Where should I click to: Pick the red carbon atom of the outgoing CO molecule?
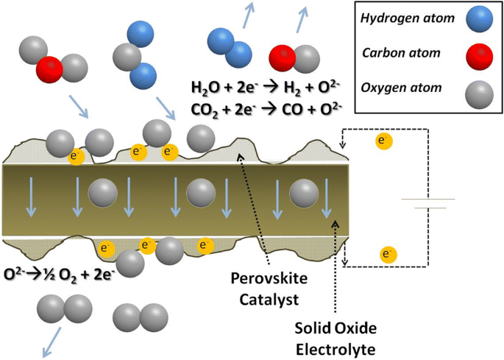click(x=283, y=57)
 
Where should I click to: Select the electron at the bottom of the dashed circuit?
click(x=386, y=255)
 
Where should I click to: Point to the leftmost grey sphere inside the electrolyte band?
click(x=101, y=195)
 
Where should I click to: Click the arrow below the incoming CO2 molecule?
click(x=79, y=105)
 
